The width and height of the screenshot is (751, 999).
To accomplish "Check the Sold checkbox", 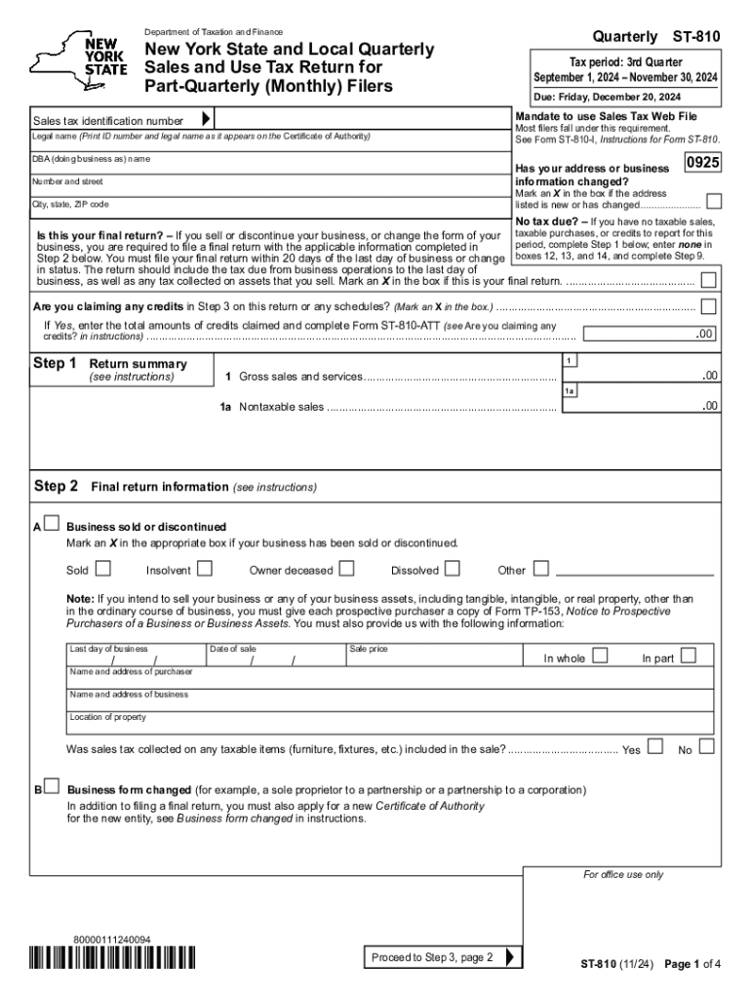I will (x=102, y=568).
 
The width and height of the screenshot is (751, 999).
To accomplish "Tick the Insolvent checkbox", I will (x=205, y=568).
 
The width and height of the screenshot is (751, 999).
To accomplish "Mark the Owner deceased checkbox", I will (x=346, y=568).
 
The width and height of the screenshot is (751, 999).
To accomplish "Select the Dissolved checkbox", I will (x=455, y=568).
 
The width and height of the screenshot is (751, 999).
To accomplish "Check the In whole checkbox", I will (x=601, y=655).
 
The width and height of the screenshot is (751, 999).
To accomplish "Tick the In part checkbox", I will (x=689, y=655).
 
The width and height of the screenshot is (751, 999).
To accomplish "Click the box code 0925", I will (x=703, y=164).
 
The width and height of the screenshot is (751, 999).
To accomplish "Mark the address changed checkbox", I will (x=714, y=201).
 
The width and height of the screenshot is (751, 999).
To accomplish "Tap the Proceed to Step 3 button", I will (x=443, y=957).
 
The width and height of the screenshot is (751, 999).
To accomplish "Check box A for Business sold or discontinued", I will (x=52, y=525).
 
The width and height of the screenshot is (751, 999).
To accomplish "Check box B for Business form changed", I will (x=52, y=787).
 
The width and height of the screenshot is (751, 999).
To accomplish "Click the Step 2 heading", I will (x=57, y=486).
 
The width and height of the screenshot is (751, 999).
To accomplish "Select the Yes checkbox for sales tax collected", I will (x=654, y=747).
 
